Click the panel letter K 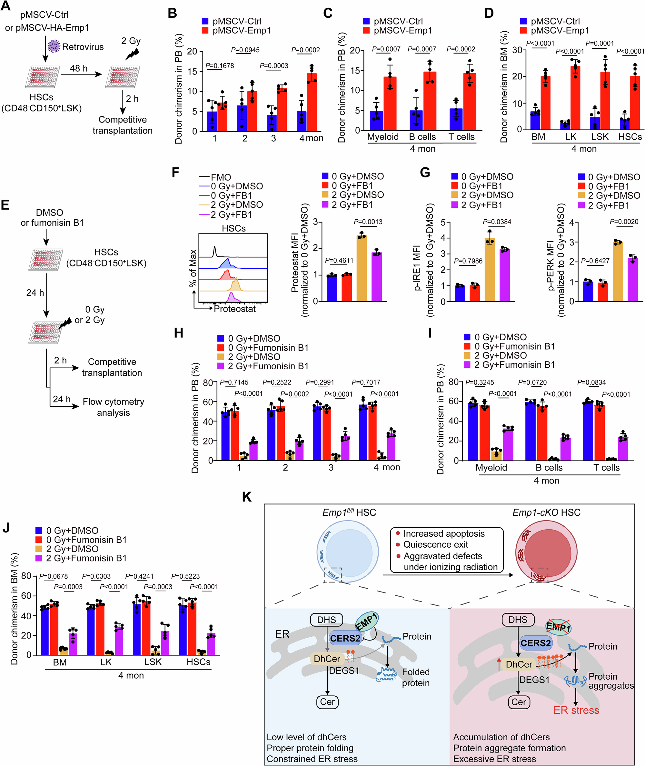247,497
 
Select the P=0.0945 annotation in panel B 245,50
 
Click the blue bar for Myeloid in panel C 376,121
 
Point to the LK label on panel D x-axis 571,137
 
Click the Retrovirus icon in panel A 54,46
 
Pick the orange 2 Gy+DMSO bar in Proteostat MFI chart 362,269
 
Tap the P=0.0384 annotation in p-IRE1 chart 497,222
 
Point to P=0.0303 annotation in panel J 96,577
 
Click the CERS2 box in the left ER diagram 345,638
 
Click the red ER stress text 576,711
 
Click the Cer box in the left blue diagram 327,701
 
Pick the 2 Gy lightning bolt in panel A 132,54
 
